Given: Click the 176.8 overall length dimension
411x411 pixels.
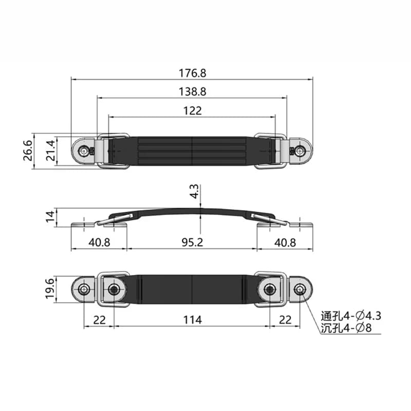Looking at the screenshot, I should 192,73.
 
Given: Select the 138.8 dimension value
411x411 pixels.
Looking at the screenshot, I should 192,91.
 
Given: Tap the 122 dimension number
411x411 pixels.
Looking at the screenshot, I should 192,110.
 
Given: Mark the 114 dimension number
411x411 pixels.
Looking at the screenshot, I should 192,320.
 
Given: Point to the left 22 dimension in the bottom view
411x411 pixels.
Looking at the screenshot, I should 99,320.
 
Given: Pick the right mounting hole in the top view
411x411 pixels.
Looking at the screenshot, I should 300,151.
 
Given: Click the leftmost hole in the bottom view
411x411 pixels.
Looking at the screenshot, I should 84,291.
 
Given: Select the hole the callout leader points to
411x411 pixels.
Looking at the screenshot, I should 300,291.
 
